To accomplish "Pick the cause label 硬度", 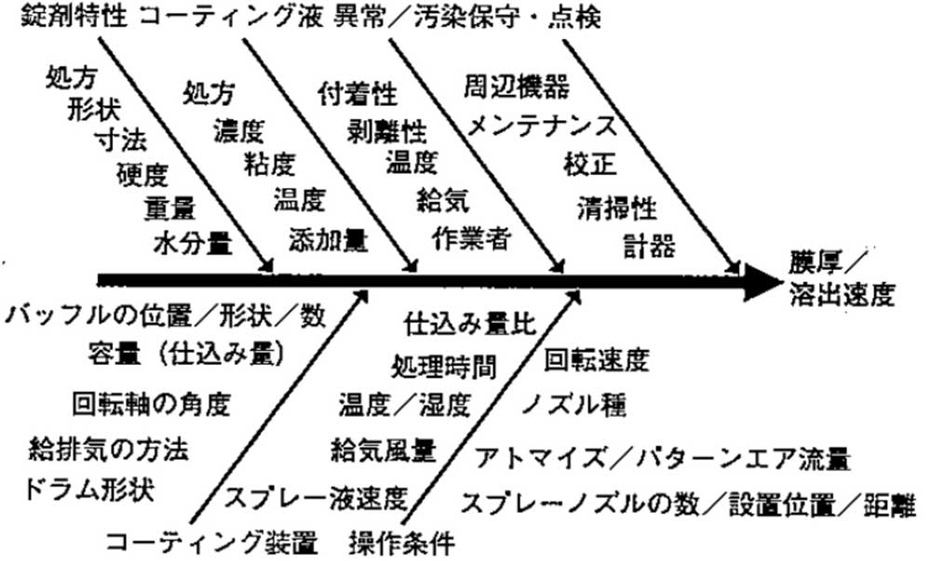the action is point(142,174).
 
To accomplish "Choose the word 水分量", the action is point(193,242).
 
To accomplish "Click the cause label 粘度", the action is point(270,164).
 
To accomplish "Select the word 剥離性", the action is point(387,130).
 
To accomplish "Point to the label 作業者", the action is point(472,237).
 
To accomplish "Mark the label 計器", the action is point(649,245).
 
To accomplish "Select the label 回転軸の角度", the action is point(152,404).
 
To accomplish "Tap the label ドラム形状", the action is point(89,490).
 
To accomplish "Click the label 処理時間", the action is point(443,367).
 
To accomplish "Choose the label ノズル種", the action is point(574,405).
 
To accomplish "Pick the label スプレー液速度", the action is point(316,498).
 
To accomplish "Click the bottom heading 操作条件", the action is point(401,542).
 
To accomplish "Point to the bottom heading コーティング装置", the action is point(212,542).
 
